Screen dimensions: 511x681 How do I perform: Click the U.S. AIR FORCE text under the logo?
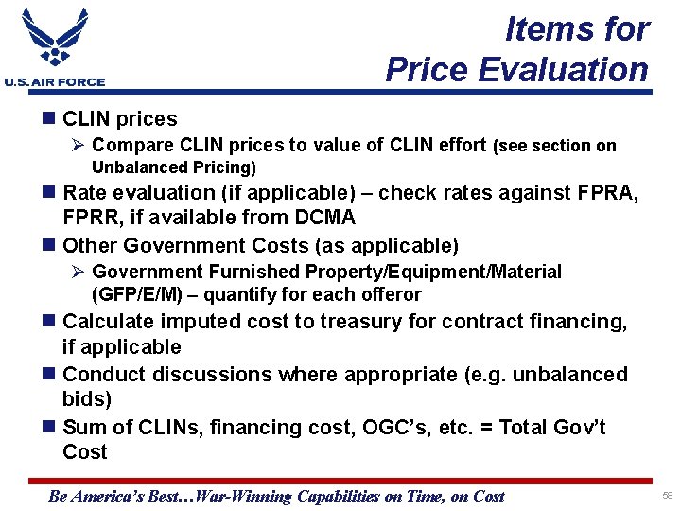(55, 82)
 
